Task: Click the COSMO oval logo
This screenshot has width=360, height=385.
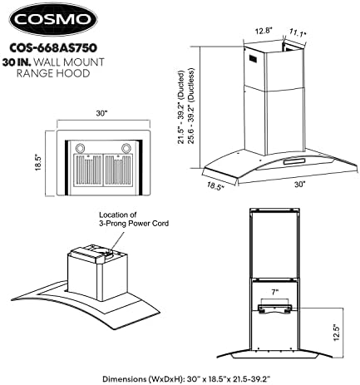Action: (53, 19)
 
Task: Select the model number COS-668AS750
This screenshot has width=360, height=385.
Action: (53, 48)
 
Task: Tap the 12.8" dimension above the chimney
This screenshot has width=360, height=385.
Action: (263, 31)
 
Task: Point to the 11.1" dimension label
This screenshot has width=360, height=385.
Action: (298, 32)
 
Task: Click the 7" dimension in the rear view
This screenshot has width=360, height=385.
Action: (274, 292)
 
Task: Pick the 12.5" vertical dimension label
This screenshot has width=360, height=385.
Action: (336, 333)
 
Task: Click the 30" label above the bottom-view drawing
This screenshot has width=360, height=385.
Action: (101, 113)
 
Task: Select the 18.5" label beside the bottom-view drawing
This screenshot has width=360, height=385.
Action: (38, 162)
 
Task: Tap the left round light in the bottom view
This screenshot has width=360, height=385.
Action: (81, 147)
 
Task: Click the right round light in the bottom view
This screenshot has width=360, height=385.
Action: (126, 147)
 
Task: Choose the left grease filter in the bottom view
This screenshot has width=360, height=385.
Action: (88, 170)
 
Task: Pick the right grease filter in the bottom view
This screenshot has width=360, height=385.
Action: (118, 170)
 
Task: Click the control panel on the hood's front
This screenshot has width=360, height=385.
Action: (293, 161)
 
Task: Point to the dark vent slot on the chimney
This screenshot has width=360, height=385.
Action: (254, 59)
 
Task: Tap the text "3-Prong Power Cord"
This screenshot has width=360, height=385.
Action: (134, 223)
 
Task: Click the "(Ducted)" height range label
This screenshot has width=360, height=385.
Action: (180, 83)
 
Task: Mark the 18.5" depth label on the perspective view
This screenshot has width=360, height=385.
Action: (215, 185)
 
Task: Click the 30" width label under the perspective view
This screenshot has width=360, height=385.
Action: (299, 185)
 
